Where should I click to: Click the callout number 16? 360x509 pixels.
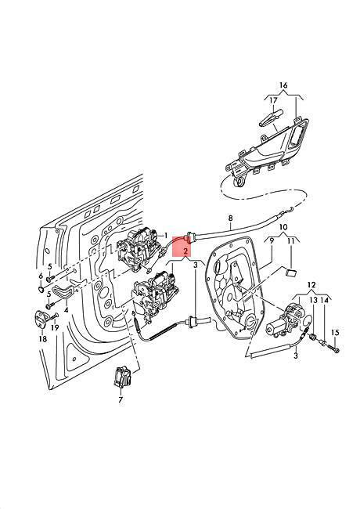click(283, 85)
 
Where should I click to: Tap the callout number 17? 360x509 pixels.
click(273, 101)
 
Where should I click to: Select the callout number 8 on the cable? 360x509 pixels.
click(231, 218)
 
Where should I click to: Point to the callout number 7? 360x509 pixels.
click(121, 400)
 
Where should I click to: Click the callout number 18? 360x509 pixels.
click(43, 339)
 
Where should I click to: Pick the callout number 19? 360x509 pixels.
click(55, 328)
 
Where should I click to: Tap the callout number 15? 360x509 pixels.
click(336, 333)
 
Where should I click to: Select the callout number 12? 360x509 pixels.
click(311, 285)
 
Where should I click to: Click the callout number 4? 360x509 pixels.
click(67, 310)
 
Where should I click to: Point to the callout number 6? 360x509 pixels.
click(41, 276)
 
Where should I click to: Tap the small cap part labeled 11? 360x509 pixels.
click(291, 272)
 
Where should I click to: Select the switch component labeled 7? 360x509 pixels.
click(121, 377)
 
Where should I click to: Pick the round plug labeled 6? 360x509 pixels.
click(41, 289)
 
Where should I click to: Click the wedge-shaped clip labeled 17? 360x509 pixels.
click(271, 118)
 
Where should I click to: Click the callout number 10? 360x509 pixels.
click(283, 226)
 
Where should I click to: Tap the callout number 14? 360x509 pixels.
click(324, 301)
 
